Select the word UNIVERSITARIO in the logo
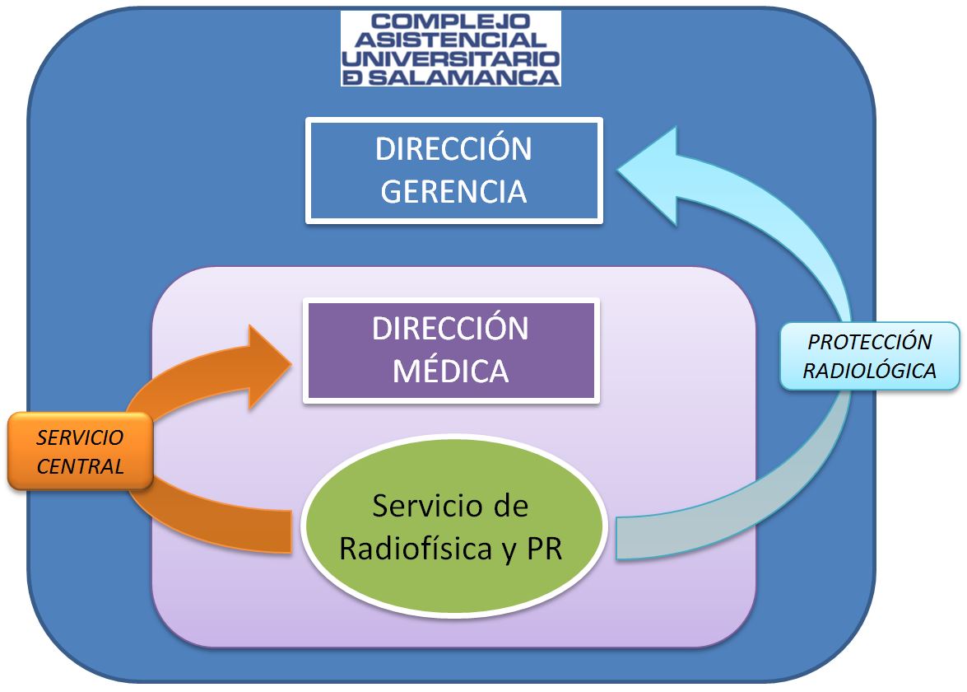[450, 58]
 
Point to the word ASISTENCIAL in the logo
[450, 40]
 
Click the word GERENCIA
[453, 191]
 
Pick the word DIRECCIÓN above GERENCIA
[453, 150]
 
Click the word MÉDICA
[450, 371]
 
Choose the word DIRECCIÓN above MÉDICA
[450, 329]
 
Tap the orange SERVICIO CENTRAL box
[81, 451]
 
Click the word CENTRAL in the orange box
[81, 466]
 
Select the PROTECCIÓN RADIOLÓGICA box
[869, 356]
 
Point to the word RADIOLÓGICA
[869, 371]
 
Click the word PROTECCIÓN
[869, 342]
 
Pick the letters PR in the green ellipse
[543, 549]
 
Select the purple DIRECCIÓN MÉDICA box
[450, 351]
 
